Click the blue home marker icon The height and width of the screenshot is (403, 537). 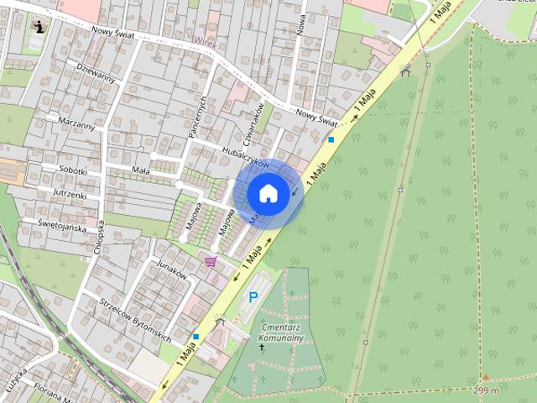[268, 194]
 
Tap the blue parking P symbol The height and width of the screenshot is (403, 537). [253, 296]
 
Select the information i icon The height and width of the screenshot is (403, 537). [39, 26]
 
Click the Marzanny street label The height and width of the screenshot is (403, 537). [76, 123]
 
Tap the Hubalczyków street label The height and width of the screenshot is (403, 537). [245, 157]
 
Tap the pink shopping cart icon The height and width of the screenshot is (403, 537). [210, 262]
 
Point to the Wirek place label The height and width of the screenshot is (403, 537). [204, 39]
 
